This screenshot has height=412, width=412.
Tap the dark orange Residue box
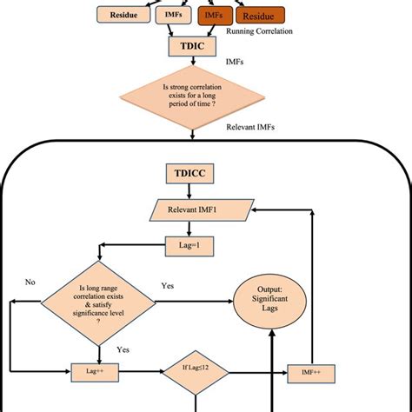point(262,16)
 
